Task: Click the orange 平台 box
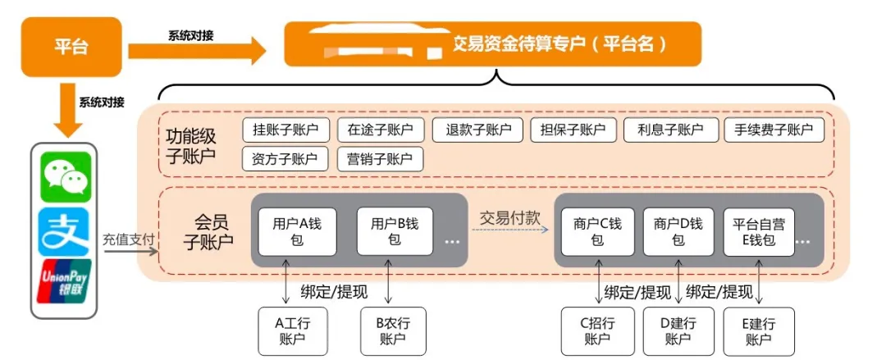pos(71,46)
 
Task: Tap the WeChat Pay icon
pos(66,175)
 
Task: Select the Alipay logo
pos(66,230)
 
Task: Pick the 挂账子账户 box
pos(285,130)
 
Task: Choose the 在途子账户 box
pos(380,130)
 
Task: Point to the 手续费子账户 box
pos(773,130)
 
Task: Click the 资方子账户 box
pos(285,158)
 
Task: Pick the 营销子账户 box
pos(380,158)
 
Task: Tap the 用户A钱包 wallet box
pos(292,231)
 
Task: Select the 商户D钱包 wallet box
pos(678,231)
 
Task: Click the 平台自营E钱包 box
pos(758,231)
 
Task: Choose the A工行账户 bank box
pos(292,331)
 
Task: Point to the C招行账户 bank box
pos(596,331)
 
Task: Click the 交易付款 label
pos(510,217)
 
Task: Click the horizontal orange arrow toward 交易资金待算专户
pos(197,52)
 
